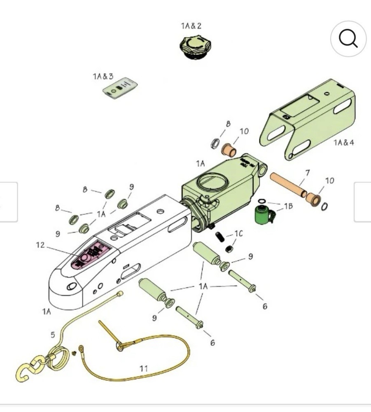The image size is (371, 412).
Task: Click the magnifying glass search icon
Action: (348, 39)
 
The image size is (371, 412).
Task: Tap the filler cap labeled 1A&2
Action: (196, 47)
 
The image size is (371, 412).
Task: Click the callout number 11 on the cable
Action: (143, 368)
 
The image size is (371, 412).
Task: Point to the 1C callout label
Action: (238, 234)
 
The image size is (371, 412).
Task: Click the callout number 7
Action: (307, 173)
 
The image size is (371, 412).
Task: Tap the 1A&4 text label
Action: (343, 143)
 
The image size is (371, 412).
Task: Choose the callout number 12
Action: (40, 245)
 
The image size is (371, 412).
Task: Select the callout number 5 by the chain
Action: (53, 335)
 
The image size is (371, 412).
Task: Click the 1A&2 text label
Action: (191, 26)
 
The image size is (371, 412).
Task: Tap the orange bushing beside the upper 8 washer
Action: (229, 149)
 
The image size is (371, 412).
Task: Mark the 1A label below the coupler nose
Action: (47, 311)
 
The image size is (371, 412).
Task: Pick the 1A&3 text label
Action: (103, 76)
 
